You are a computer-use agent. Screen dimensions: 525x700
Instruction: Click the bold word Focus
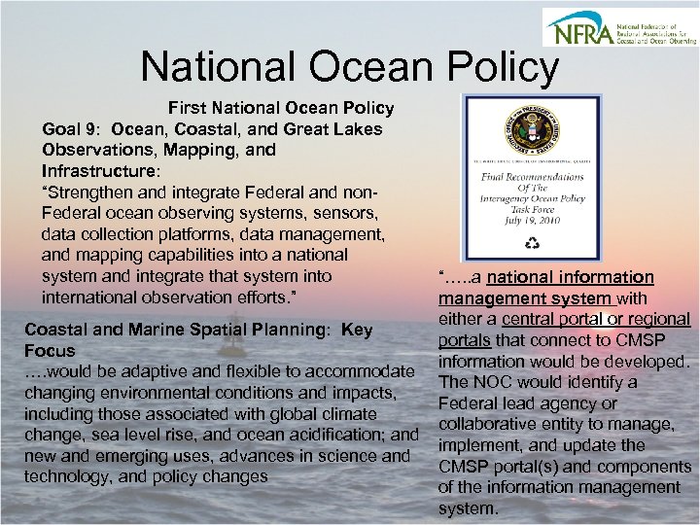(x=49, y=350)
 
